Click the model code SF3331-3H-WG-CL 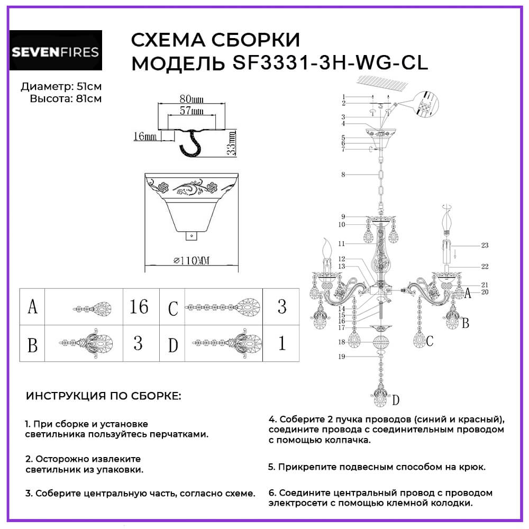click(330, 63)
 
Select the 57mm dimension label click(191, 111)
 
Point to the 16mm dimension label click(144, 136)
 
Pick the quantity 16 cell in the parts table click(139, 307)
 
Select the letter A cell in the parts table click(33, 307)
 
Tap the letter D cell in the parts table click(172, 345)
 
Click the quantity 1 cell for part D click(281, 344)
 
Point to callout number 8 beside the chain click(343, 174)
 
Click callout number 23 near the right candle click(485, 245)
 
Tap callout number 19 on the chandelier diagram click(342, 357)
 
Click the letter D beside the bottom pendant click(395, 400)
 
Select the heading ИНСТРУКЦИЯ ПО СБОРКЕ click(103, 396)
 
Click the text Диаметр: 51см click(61, 87)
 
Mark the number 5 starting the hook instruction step click(271, 467)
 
